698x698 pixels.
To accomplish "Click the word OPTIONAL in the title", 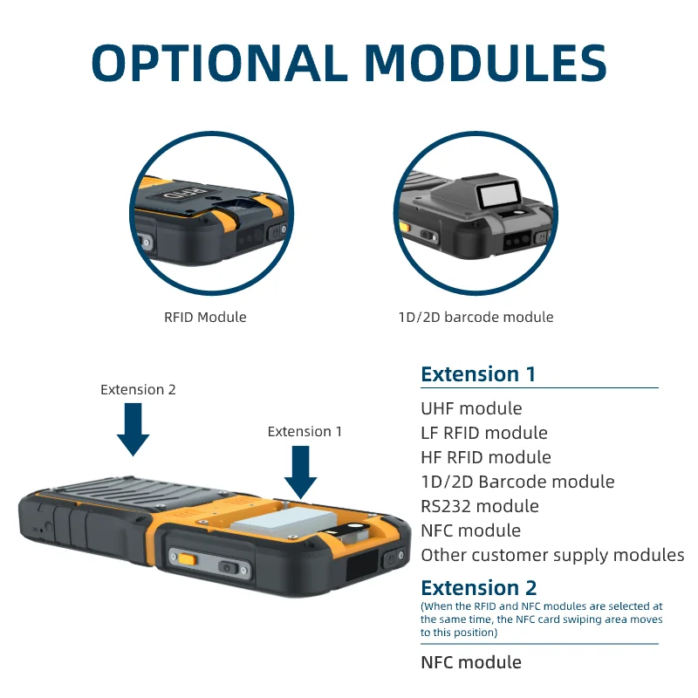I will pos(219,63).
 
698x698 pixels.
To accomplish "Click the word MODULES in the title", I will pos(485,63).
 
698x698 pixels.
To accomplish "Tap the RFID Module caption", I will pos(205,318).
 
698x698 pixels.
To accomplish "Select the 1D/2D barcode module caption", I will pos(476,318).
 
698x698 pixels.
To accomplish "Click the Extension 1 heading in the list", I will pos(478,374).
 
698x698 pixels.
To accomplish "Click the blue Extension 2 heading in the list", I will pos(479,587).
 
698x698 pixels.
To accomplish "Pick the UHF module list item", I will pos(471,408).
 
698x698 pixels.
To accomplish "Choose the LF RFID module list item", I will pos(484,433).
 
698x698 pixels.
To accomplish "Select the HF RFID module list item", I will pos(486,457).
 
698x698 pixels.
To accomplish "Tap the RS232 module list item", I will pos(480,506).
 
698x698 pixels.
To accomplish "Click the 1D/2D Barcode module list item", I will pos(517,482).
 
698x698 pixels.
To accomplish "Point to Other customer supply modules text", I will pos(552,555).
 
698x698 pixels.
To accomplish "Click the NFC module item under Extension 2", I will pos(471,662).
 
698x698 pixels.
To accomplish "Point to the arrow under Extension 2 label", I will pos(133,431).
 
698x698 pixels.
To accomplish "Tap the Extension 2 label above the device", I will pos(138,390).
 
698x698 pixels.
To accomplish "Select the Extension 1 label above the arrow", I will pos(305,432).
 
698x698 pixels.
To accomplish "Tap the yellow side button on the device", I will pos(185,558).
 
